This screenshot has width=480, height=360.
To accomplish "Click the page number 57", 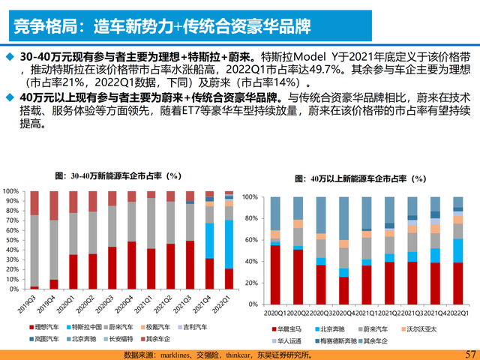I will pos(470,353).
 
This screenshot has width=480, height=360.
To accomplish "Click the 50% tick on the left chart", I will pos(13,240).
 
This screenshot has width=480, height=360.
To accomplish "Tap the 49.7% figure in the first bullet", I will pos(319,69).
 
